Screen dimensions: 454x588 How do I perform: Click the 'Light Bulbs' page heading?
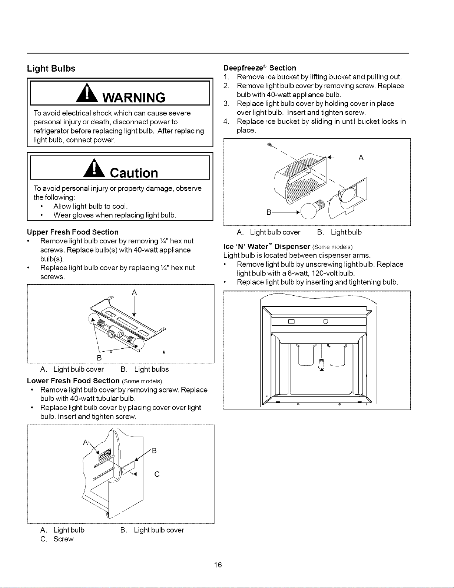(x=51, y=69)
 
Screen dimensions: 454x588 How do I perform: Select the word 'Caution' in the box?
(x=134, y=173)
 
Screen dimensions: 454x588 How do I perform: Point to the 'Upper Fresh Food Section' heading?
(x=73, y=232)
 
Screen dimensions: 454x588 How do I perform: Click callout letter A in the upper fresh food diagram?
(x=134, y=292)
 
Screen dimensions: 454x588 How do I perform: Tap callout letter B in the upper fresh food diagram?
(x=99, y=358)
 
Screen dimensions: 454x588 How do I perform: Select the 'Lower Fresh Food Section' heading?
(x=73, y=381)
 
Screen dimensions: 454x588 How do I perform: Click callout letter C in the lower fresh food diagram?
(x=157, y=474)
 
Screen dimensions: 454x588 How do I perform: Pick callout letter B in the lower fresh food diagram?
(x=154, y=450)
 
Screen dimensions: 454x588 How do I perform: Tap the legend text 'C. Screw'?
(x=57, y=539)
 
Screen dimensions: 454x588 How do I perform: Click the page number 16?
(x=218, y=565)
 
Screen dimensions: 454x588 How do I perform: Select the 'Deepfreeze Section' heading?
(x=260, y=68)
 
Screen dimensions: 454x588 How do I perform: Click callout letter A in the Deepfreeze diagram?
(x=361, y=158)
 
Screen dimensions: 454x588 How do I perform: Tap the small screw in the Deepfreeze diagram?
(x=269, y=145)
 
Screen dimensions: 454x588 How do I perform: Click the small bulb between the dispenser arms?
(x=321, y=364)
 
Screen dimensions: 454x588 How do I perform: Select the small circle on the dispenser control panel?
(x=326, y=322)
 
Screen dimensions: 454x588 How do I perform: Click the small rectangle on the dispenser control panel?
(x=291, y=322)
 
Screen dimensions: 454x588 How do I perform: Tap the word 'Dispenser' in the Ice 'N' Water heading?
(x=292, y=246)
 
